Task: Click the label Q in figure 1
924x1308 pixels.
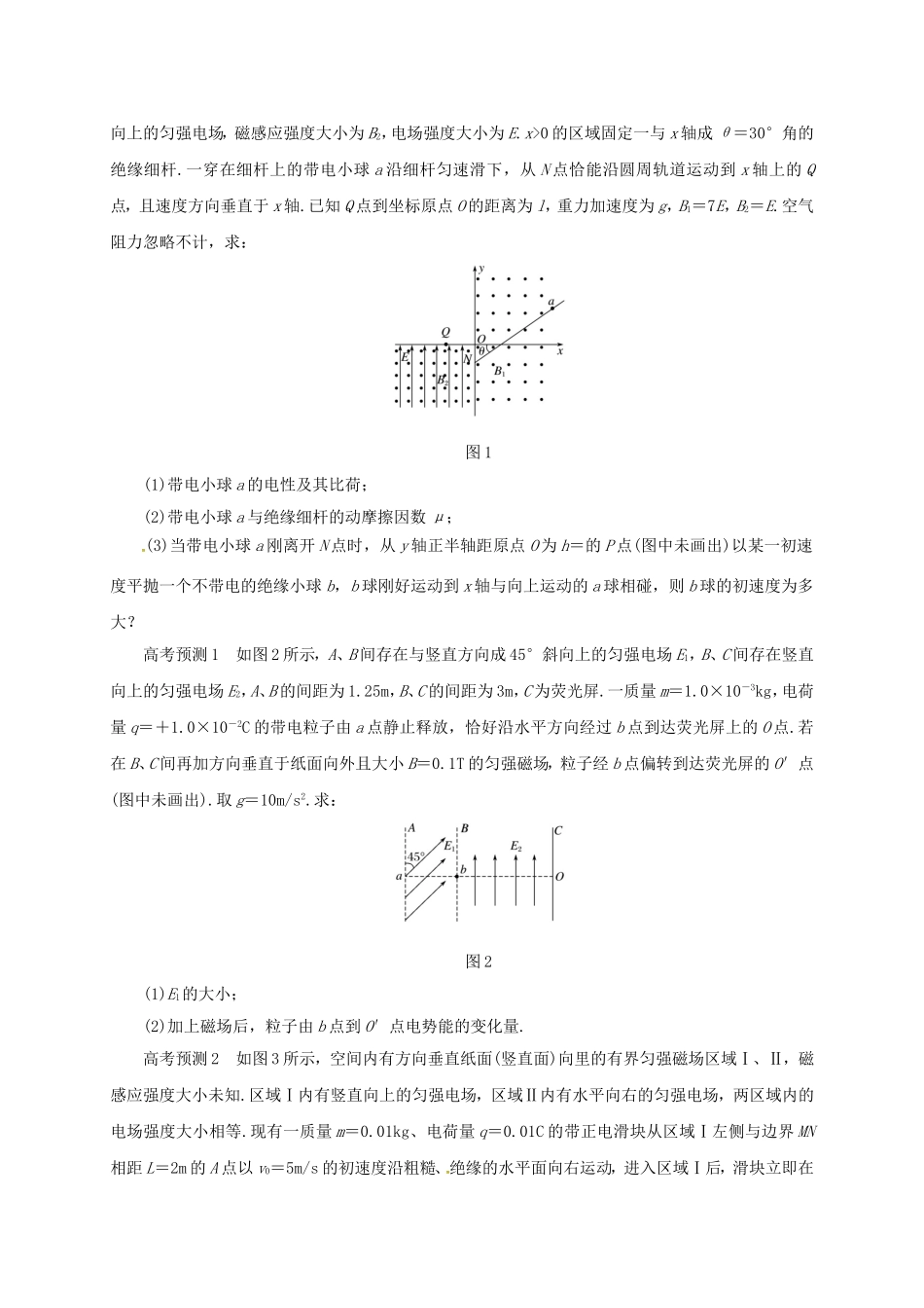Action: [444, 332]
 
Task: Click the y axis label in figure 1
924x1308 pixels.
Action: [482, 268]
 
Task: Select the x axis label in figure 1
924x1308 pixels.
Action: [560, 351]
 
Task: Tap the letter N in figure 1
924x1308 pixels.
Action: [467, 359]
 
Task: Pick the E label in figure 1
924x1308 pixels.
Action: [403, 358]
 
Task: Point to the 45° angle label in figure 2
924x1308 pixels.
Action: [414, 857]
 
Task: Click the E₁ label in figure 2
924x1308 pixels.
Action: [448, 847]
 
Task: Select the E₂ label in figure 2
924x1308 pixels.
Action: [515, 847]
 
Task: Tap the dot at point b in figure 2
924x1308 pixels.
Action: [457, 876]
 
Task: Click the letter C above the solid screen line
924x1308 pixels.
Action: [557, 830]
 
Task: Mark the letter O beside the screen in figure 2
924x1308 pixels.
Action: [560, 876]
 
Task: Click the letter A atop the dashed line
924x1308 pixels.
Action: [411, 828]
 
